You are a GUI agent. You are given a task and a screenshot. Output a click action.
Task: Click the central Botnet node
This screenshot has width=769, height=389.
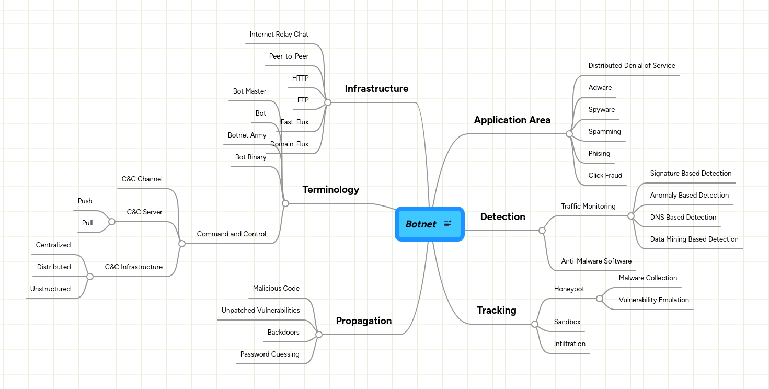[421, 224]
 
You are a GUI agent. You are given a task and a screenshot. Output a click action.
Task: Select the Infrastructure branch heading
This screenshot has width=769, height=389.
[376, 89]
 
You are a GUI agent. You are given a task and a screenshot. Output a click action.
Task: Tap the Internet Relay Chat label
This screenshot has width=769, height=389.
[279, 35]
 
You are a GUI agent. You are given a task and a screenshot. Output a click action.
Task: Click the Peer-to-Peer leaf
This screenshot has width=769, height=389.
[289, 56]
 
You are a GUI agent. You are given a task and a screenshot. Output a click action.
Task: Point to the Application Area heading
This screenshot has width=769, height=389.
[512, 120]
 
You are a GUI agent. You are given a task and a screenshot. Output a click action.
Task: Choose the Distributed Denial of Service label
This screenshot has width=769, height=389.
[632, 66]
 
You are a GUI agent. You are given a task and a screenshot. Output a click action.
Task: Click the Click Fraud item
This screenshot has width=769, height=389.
[605, 176]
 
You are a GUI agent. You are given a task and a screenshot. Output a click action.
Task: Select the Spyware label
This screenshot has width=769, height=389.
[601, 110]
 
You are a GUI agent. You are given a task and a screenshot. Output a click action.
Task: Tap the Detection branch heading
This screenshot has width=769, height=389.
[502, 217]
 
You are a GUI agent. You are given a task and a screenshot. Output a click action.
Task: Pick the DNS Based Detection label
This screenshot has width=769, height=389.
[683, 218]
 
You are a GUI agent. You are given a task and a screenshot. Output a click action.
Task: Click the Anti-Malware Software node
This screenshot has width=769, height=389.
[596, 261]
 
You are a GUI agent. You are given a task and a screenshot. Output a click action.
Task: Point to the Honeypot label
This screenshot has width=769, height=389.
[569, 289]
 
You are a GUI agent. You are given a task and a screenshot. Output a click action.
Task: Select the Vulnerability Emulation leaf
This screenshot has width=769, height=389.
[653, 300]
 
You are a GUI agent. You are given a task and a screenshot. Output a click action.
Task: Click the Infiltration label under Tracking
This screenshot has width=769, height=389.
[569, 344]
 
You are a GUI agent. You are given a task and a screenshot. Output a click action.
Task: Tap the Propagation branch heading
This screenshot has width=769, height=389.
[363, 321]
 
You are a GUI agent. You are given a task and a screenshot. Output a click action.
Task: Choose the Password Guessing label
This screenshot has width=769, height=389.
[270, 354]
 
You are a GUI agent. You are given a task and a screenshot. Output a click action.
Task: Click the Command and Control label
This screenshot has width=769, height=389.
[231, 234]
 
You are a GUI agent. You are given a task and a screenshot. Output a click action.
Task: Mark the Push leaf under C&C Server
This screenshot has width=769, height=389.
[85, 201]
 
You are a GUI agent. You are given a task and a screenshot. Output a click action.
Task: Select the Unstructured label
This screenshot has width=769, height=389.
[50, 289]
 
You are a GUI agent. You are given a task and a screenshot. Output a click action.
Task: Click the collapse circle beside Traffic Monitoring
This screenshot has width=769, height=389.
[631, 216]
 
